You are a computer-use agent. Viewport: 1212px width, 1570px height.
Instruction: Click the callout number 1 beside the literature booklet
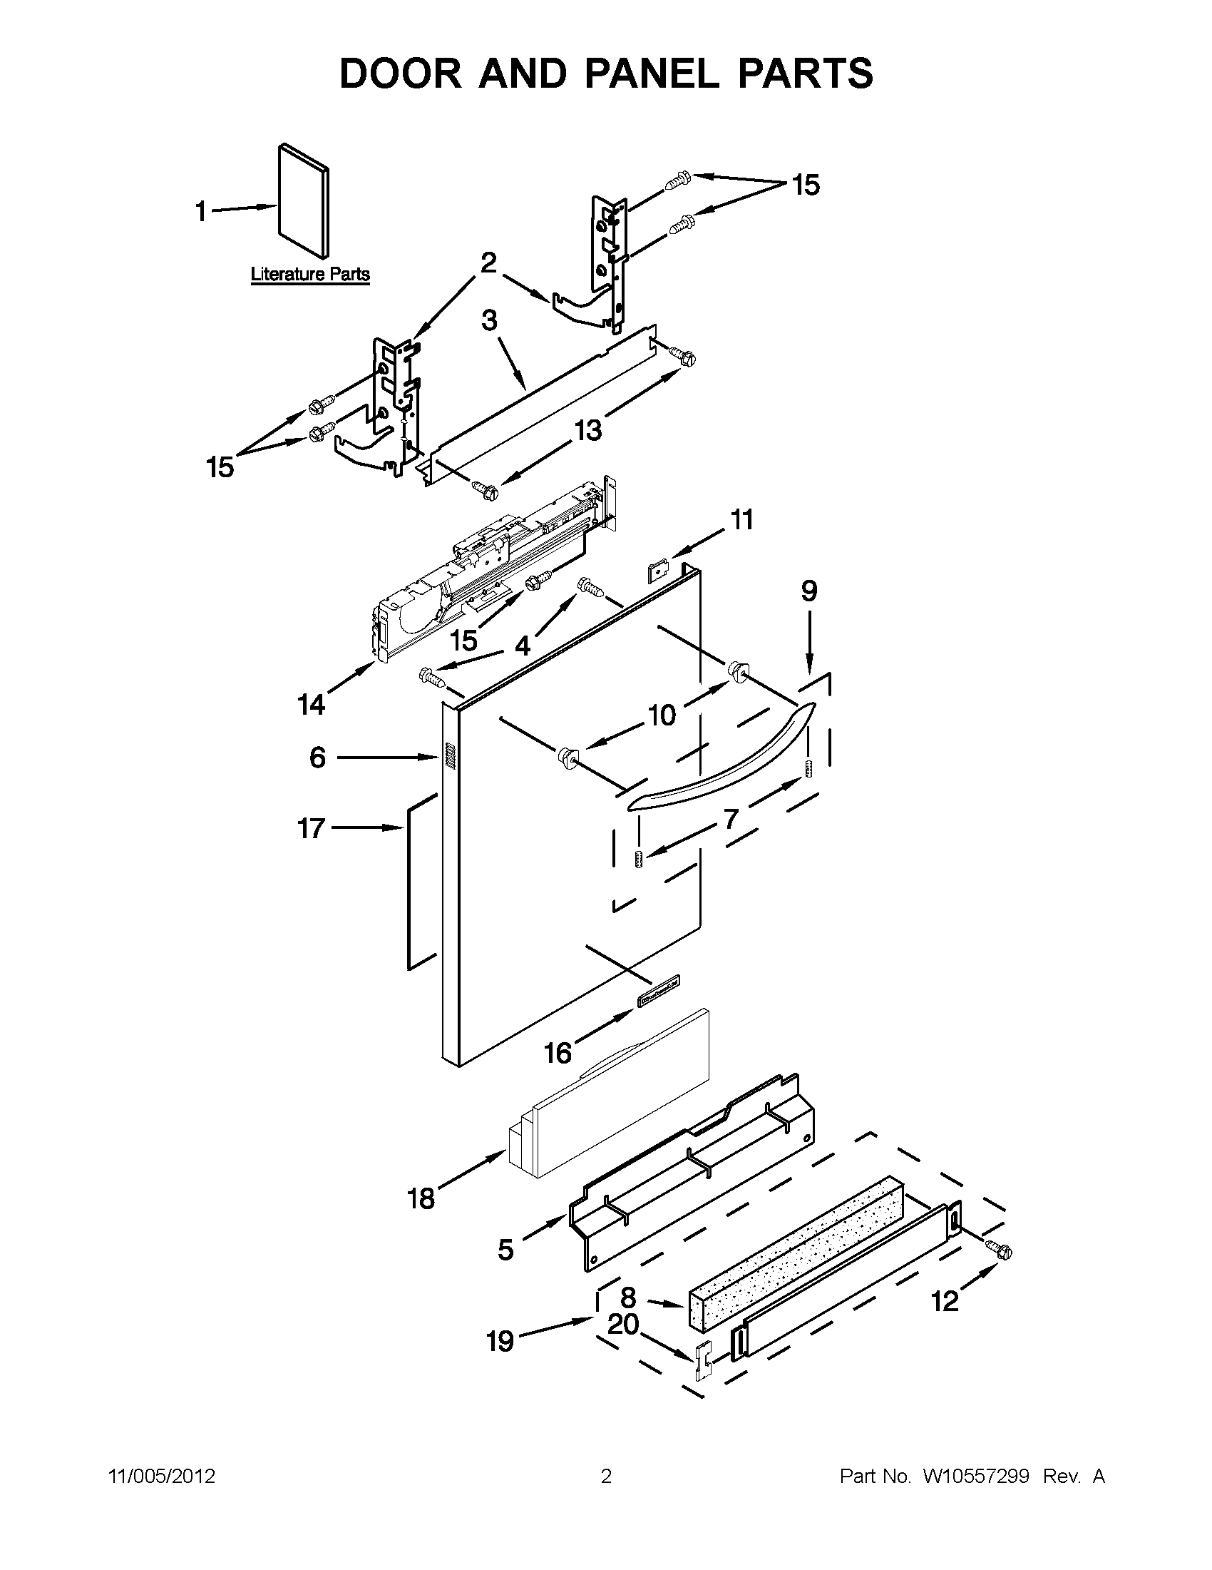pos(201,212)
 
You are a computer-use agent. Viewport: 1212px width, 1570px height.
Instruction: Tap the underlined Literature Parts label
pos(309,275)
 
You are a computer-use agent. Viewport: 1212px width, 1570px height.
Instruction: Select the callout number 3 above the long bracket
pos(489,320)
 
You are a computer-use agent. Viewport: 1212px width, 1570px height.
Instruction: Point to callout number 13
pos(587,430)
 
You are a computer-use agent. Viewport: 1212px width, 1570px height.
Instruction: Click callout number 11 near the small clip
pos(742,519)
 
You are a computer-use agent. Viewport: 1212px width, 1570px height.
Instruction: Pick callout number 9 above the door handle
pos(809,591)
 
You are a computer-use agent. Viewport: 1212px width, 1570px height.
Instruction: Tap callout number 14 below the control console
pos(312,705)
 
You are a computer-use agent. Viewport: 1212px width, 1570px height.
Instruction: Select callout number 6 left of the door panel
pos(317,757)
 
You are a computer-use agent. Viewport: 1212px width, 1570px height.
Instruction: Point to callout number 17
pos(312,829)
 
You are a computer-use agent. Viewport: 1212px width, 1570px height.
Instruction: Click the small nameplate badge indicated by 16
pos(658,990)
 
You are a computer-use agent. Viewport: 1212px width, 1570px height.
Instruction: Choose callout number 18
pos(422,1198)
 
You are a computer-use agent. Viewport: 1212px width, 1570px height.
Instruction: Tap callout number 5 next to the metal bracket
pos(505,1250)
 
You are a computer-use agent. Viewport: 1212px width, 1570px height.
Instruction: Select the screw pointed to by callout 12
pos(1000,1251)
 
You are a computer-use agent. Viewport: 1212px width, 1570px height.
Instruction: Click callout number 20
pos(623,1323)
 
